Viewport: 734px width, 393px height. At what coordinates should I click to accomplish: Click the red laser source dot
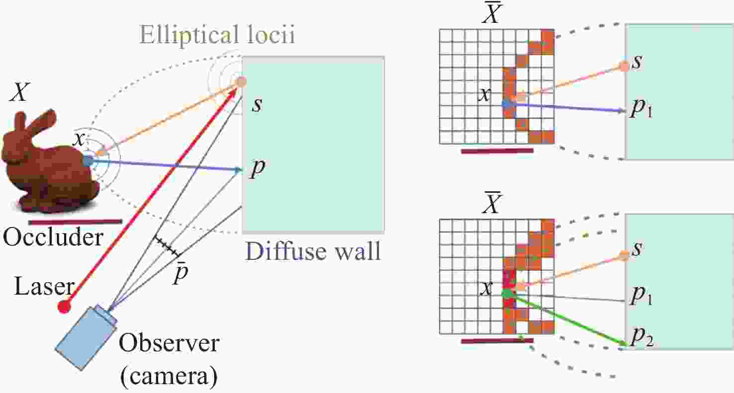pos(64,307)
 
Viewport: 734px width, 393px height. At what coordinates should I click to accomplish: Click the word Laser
pos(44,286)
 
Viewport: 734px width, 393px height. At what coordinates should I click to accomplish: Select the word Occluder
pos(53,237)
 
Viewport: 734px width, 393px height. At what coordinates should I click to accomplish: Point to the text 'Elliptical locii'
pos(217,34)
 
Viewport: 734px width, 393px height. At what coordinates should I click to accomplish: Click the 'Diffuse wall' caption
pos(313,251)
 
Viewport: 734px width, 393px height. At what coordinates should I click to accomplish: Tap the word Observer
pos(169,343)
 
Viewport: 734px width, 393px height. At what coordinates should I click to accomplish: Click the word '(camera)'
pos(169,377)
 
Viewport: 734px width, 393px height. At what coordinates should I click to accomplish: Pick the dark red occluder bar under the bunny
pos(76,222)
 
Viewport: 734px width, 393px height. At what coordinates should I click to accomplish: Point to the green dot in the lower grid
pos(507,293)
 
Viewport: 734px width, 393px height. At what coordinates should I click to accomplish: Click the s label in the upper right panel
pos(637,62)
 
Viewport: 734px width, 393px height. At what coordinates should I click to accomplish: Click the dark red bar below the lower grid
pos(497,341)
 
